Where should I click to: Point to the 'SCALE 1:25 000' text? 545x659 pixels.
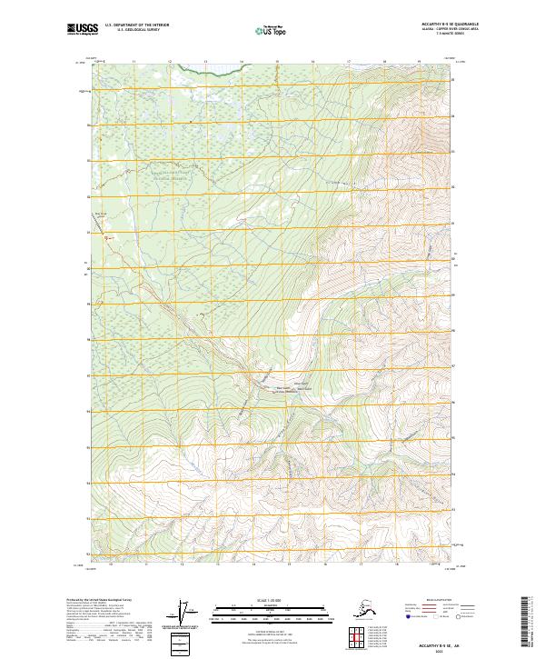coord(270,601)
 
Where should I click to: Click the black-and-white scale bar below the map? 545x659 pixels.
coord(270,612)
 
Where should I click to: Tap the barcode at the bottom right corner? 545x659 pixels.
coord(529,619)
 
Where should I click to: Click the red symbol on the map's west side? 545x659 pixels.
coord(105,237)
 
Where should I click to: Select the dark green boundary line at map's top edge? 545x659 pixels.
coord(213,66)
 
